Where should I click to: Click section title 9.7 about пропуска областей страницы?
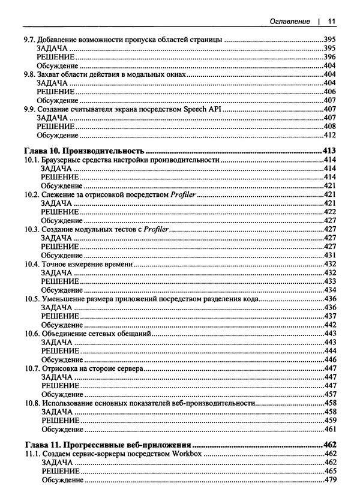(x=120, y=39)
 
